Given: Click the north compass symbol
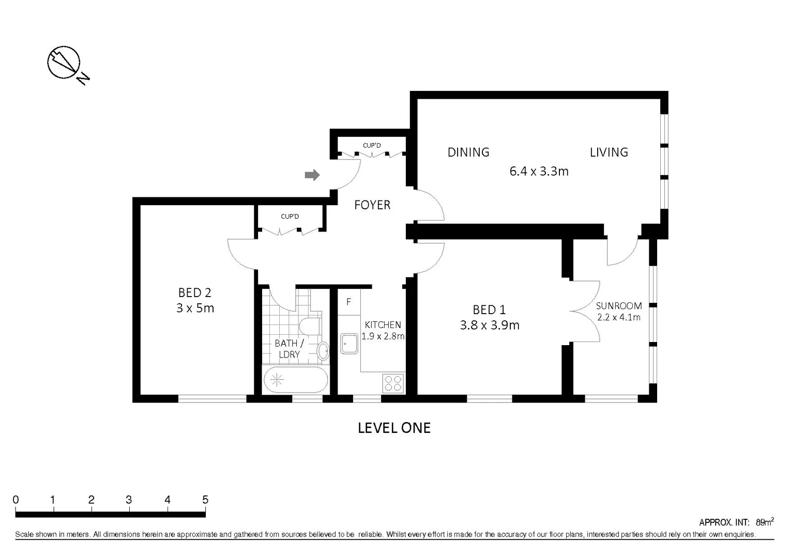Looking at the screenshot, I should [x=64, y=63].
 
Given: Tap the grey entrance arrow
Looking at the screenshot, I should [x=312, y=175].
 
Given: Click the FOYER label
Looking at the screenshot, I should [x=372, y=205].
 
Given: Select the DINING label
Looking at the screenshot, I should [x=468, y=152].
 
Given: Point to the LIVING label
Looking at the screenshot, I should [x=609, y=152].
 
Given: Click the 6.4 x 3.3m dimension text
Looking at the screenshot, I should [x=539, y=172].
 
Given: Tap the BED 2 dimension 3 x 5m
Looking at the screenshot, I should [x=195, y=308].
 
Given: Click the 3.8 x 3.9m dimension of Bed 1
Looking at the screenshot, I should [x=490, y=326].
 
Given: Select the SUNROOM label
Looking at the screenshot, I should [x=618, y=306].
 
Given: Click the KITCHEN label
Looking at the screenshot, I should [x=383, y=325].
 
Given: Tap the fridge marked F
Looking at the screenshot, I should [x=348, y=302].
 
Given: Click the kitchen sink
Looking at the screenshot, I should [x=349, y=344].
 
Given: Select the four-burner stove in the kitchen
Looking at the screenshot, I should [x=393, y=383].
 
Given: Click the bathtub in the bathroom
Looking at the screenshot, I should [x=295, y=380].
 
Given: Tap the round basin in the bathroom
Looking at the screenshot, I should [x=323, y=351].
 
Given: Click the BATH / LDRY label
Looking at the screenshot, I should [x=289, y=349].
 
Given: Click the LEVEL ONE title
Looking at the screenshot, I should [x=394, y=428].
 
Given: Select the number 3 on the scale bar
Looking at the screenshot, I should [x=129, y=500].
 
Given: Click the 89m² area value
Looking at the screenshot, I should [x=764, y=522].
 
